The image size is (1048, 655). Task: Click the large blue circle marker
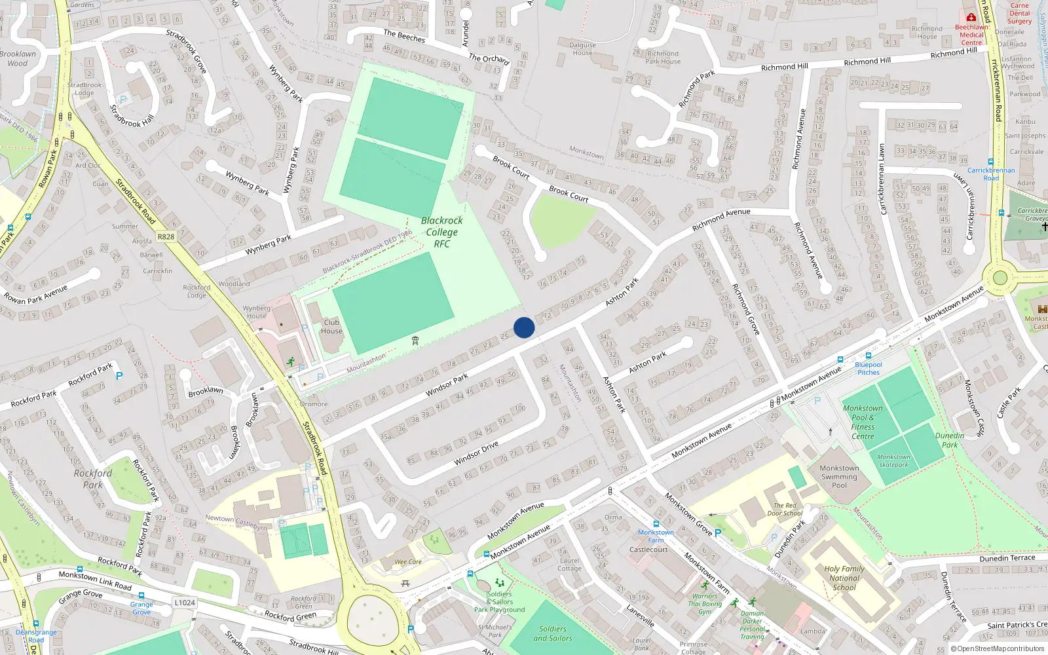click(524, 327)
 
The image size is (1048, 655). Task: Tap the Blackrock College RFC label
click(441, 232)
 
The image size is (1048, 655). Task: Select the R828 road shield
click(166, 236)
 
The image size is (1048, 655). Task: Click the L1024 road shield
click(185, 602)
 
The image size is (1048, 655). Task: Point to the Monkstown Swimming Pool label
click(839, 477)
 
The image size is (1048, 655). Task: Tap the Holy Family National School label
click(844, 578)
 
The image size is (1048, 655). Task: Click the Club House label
click(331, 326)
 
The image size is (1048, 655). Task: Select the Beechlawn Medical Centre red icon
click(971, 17)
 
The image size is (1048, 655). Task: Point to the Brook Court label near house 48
click(569, 194)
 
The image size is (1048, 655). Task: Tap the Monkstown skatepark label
click(893, 461)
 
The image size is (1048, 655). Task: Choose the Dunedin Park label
click(950, 440)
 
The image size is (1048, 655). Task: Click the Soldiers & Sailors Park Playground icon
click(500, 582)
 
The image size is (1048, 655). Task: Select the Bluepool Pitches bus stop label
click(869, 368)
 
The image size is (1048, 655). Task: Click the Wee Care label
click(408, 562)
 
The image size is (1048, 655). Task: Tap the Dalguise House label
click(582, 49)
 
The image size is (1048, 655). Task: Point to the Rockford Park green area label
click(93, 479)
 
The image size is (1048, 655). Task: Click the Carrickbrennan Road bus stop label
click(991, 174)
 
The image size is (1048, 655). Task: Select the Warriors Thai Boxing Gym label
click(705, 604)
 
